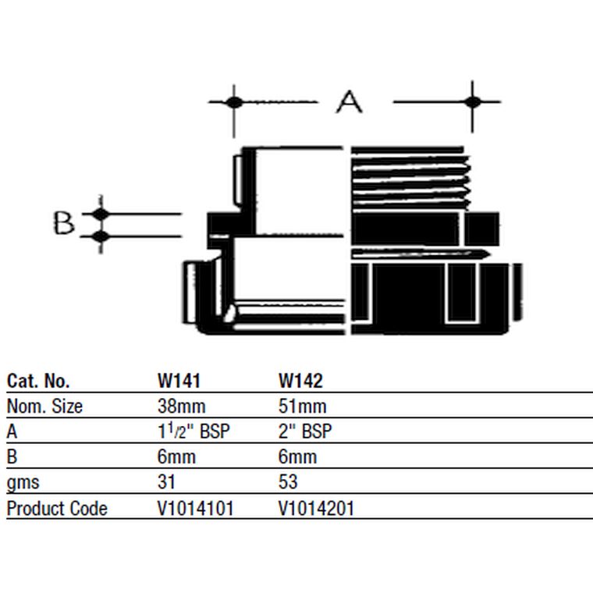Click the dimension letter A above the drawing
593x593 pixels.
(349, 102)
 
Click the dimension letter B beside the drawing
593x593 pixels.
(63, 222)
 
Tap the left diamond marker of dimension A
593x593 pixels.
(234, 102)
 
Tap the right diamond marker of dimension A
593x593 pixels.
(472, 101)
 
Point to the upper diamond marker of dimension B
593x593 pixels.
(100, 214)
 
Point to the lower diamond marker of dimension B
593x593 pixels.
(100, 236)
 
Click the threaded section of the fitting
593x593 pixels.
(410, 179)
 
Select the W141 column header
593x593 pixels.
(179, 381)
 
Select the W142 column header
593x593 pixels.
(300, 381)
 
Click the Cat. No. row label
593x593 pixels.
(38, 381)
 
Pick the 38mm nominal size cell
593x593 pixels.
(182, 407)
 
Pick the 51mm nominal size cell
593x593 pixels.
(303, 407)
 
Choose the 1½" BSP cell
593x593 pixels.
(194, 431)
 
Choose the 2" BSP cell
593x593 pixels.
(305, 431)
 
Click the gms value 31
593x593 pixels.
(166, 482)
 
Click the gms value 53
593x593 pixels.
(288, 482)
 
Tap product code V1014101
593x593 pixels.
(196, 508)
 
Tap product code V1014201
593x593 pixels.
(317, 508)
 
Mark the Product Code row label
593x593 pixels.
(57, 508)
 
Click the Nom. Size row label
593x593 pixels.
(44, 407)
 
